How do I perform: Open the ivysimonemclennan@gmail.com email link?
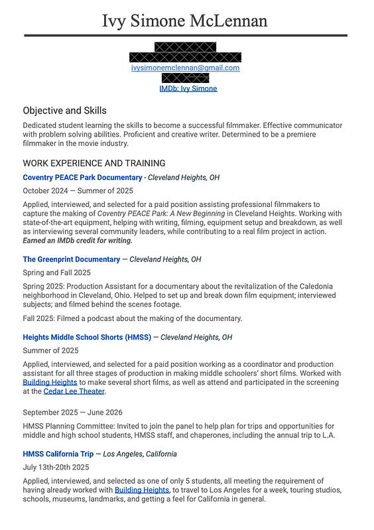click(185, 68)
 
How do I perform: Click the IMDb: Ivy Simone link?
click(188, 88)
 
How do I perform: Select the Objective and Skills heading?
click(64, 110)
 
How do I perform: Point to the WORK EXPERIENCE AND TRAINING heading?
click(93, 163)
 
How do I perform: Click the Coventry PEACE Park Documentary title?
click(82, 178)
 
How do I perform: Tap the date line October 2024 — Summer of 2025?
click(78, 190)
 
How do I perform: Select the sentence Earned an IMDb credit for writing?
click(77, 240)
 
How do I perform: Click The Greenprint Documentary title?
click(71, 259)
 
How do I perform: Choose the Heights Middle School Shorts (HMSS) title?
click(87, 338)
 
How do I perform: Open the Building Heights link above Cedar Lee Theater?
click(50, 383)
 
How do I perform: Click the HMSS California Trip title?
click(57, 454)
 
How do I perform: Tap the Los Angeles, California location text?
click(140, 454)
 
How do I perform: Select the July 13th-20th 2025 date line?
click(56, 468)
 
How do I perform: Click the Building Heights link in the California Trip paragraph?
click(142, 490)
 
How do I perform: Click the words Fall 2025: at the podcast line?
click(38, 318)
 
